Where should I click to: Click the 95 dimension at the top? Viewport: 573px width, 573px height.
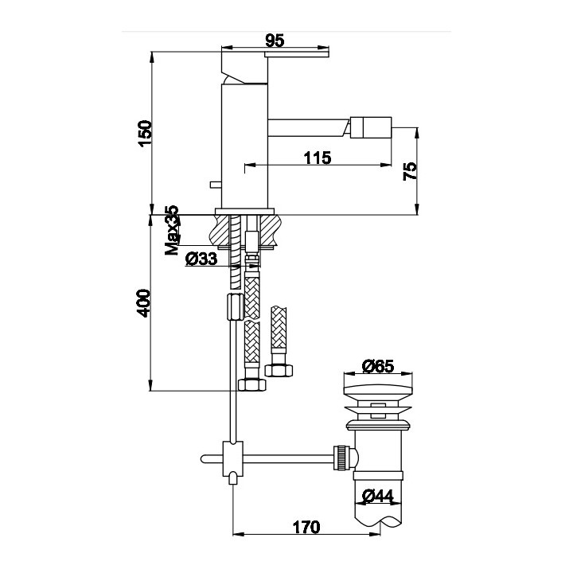(275, 41)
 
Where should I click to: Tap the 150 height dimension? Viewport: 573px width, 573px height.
(145, 134)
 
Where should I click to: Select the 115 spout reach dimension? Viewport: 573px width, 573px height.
(318, 158)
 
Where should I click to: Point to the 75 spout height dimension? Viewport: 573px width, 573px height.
(410, 171)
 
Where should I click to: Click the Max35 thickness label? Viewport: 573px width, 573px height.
(172, 230)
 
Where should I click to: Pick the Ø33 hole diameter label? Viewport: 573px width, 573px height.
(201, 259)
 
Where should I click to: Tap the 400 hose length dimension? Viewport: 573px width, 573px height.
(143, 303)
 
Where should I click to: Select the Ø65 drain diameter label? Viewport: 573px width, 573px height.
(378, 366)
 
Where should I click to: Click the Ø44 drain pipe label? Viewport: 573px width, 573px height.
(378, 496)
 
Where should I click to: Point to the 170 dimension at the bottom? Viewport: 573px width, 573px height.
(306, 527)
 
